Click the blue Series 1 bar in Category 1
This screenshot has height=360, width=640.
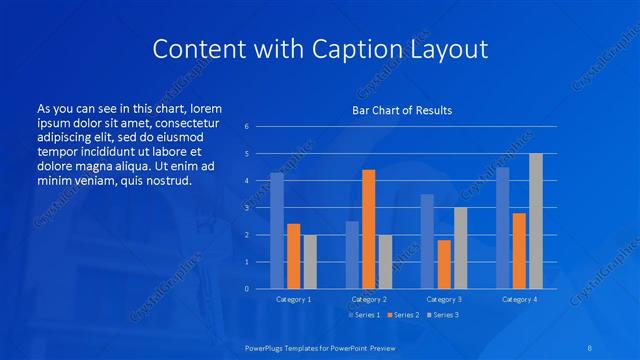tap(277, 231)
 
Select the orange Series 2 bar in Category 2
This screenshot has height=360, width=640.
tap(369, 229)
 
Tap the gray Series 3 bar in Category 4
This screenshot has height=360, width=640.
tap(536, 221)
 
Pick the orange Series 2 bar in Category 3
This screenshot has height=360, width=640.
tap(444, 264)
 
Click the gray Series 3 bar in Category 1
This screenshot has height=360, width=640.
tap(310, 262)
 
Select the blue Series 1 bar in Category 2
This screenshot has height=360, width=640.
tap(352, 255)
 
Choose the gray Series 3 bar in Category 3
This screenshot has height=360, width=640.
tap(461, 248)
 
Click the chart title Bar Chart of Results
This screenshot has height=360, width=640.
tap(402, 109)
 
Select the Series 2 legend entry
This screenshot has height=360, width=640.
tap(402, 315)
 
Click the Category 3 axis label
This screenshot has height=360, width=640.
tap(444, 299)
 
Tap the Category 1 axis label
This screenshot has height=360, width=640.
tap(294, 299)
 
